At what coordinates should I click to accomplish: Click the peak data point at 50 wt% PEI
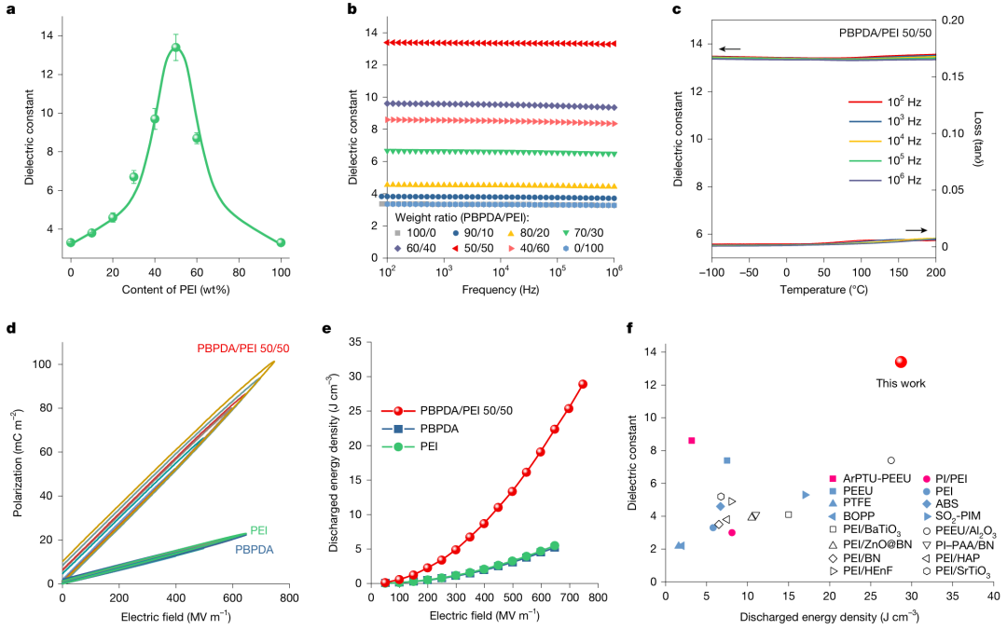pos(175,48)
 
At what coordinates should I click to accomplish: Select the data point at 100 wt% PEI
pos(281,242)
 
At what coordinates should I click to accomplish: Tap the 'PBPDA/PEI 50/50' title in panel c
pos(885,34)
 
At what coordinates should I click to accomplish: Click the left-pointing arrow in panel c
pos(729,48)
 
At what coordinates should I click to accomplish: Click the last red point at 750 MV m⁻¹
pos(583,384)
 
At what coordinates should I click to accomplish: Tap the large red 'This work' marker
pos(901,362)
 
